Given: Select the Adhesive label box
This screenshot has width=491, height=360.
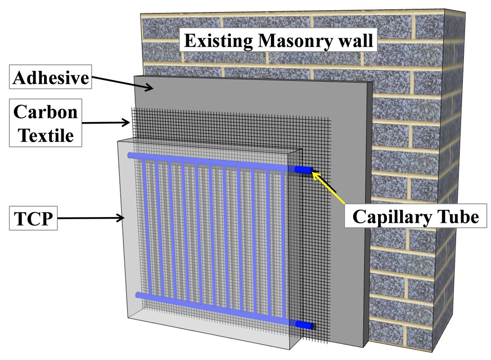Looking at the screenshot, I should [x=51, y=78].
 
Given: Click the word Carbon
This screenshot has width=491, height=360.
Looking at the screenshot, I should [x=45, y=112].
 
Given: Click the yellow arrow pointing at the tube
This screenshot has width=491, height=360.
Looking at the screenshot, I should [x=329, y=188].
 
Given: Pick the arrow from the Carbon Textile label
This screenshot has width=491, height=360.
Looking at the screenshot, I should [x=106, y=122].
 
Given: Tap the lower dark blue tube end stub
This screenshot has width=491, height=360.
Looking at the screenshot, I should [x=305, y=325].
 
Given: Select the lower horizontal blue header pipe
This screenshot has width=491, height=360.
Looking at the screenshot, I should [x=213, y=309].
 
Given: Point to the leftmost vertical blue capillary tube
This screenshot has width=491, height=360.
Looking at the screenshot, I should [x=144, y=225].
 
